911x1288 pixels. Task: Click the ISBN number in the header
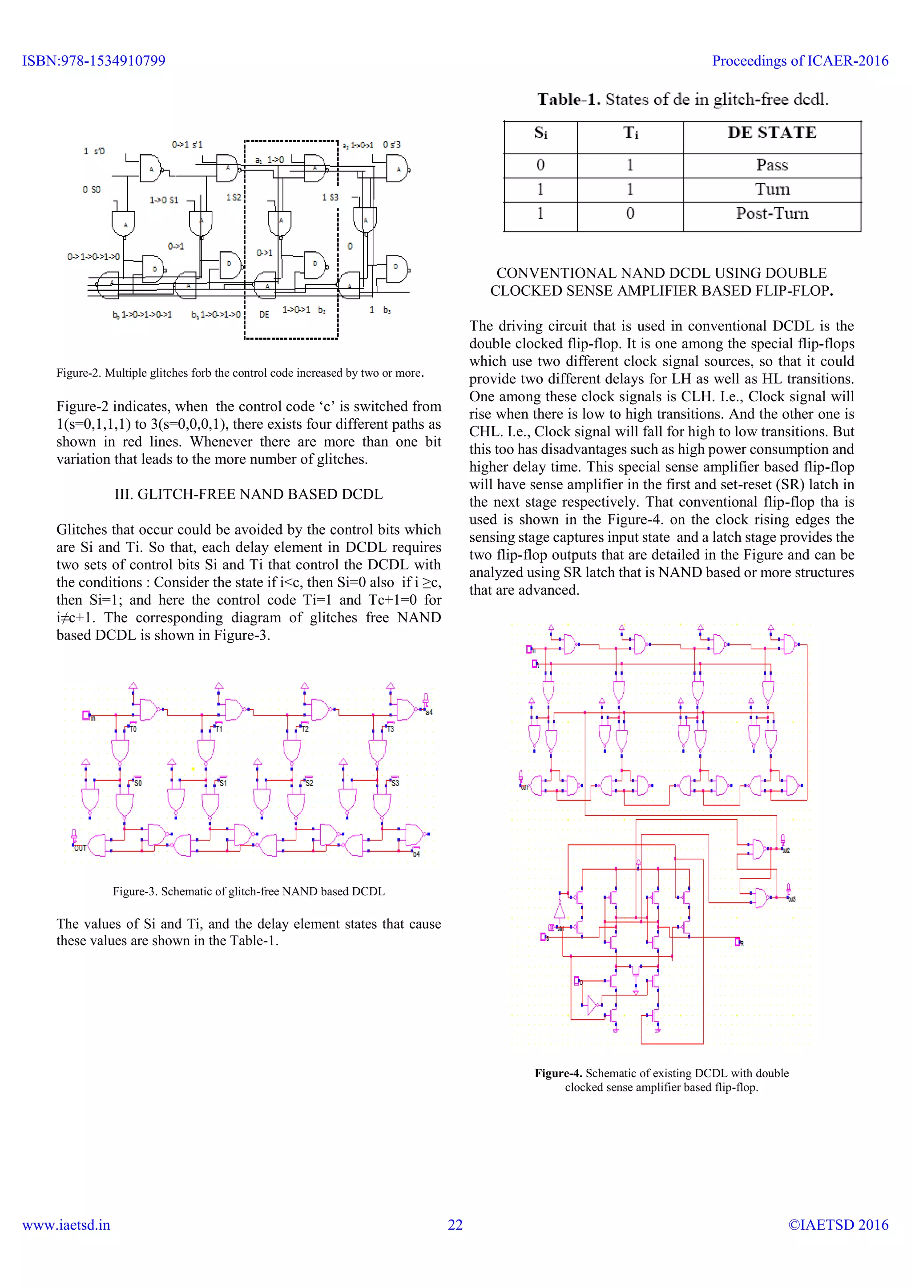[94, 60]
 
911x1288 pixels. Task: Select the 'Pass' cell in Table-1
[771, 165]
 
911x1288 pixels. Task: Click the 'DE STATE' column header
[771, 133]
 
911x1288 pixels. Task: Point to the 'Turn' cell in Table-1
[771, 189]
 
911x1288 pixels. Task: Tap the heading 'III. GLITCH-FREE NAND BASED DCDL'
[249, 494]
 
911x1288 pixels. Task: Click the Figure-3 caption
[249, 891]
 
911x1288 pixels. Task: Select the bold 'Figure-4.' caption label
[558, 1073]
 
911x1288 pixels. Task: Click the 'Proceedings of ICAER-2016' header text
[800, 60]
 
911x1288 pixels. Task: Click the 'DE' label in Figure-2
[264, 315]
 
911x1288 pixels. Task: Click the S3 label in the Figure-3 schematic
[395, 783]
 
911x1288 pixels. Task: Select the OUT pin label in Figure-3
[80, 848]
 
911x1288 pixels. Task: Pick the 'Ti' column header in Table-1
[630, 133]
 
